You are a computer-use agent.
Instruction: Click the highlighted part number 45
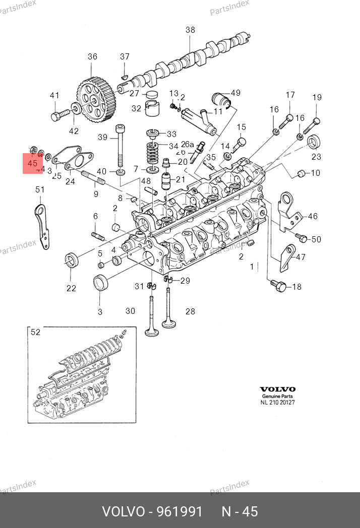tap(33, 164)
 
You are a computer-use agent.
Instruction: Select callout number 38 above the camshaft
tap(190, 30)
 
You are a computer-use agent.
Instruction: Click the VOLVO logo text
tap(277, 389)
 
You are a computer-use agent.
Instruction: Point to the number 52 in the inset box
tap(35, 332)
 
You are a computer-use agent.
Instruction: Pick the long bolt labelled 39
tap(121, 146)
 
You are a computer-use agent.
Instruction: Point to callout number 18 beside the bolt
tap(296, 287)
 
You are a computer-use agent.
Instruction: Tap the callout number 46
tap(313, 216)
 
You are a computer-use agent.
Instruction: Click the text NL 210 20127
tap(277, 403)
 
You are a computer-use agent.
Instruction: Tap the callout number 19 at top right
tap(316, 98)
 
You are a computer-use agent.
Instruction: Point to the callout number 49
tap(235, 93)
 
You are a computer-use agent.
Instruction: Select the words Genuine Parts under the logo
tap(277, 397)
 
